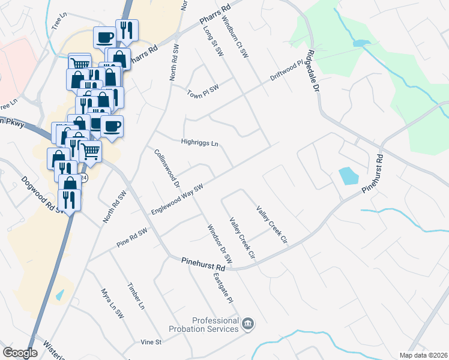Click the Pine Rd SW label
(x=132, y=238)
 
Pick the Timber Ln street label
(x=136, y=296)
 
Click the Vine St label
(x=151, y=342)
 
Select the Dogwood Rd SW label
(x=43, y=194)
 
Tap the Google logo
(x=20, y=353)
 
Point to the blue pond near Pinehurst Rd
(x=348, y=176)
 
